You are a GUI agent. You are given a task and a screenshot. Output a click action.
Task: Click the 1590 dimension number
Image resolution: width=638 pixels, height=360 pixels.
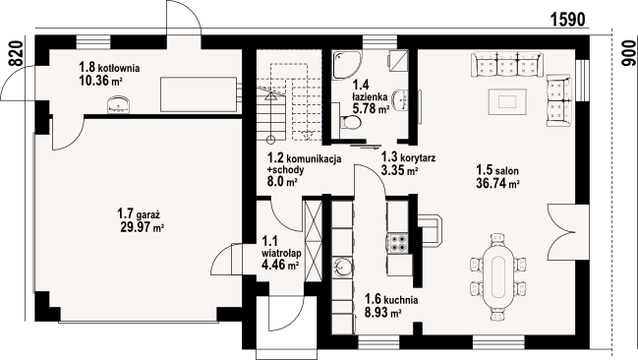click(x=567, y=19)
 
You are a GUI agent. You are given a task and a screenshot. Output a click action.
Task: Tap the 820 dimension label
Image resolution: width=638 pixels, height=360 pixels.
click(x=15, y=53)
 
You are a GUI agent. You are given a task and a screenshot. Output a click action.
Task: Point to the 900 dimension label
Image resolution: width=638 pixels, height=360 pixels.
click(x=628, y=53)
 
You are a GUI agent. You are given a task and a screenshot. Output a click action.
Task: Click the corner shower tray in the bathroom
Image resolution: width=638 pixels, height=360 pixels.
click(x=346, y=65)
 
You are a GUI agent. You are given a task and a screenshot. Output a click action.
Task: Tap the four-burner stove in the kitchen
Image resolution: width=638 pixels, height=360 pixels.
click(x=397, y=243)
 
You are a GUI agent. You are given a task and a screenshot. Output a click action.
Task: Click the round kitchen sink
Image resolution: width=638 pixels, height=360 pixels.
click(x=343, y=268)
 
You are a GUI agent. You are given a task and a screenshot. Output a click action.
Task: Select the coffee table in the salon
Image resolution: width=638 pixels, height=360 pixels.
click(x=507, y=101)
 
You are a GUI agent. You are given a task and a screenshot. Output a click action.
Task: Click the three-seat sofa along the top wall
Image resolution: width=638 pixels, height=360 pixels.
click(x=507, y=64)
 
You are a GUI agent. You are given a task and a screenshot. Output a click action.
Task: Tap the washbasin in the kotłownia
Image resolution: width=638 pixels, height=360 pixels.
click(x=119, y=104)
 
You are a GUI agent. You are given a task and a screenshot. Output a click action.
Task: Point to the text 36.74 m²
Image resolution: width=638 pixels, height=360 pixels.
click(x=498, y=184)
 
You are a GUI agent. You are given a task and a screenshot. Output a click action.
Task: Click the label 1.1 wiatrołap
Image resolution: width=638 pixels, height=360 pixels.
click(x=281, y=247)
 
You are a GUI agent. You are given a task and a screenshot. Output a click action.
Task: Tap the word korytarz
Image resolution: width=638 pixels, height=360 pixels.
click(x=418, y=157)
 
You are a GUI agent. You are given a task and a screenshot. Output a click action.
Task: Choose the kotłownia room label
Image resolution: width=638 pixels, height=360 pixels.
click(x=109, y=66)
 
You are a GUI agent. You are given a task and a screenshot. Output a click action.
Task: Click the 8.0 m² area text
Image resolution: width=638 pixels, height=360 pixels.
click(x=282, y=182)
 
